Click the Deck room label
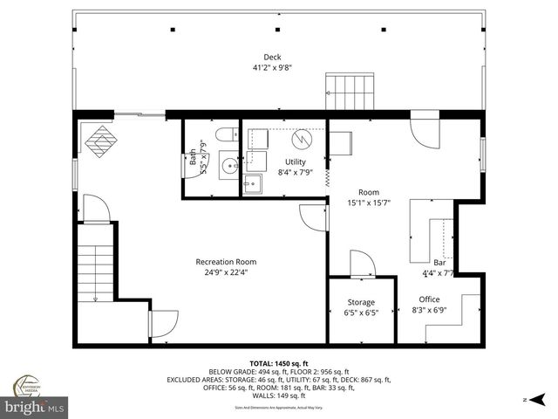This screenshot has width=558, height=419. pyautogui.click(x=273, y=58)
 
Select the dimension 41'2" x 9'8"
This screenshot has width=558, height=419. pyautogui.click(x=273, y=67)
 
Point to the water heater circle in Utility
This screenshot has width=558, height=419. pyautogui.click(x=301, y=139)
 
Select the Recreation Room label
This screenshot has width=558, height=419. pyautogui.click(x=226, y=262)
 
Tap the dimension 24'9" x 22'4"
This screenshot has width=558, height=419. pyautogui.click(x=226, y=271)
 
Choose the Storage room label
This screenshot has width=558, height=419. pyautogui.click(x=361, y=302)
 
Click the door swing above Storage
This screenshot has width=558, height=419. pyautogui.click(x=361, y=264)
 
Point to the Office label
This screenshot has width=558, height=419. pyautogui.click(x=430, y=299)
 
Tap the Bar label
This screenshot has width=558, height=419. pyautogui.click(x=439, y=262)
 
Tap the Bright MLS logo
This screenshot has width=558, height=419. pyautogui.click(x=35, y=407)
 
